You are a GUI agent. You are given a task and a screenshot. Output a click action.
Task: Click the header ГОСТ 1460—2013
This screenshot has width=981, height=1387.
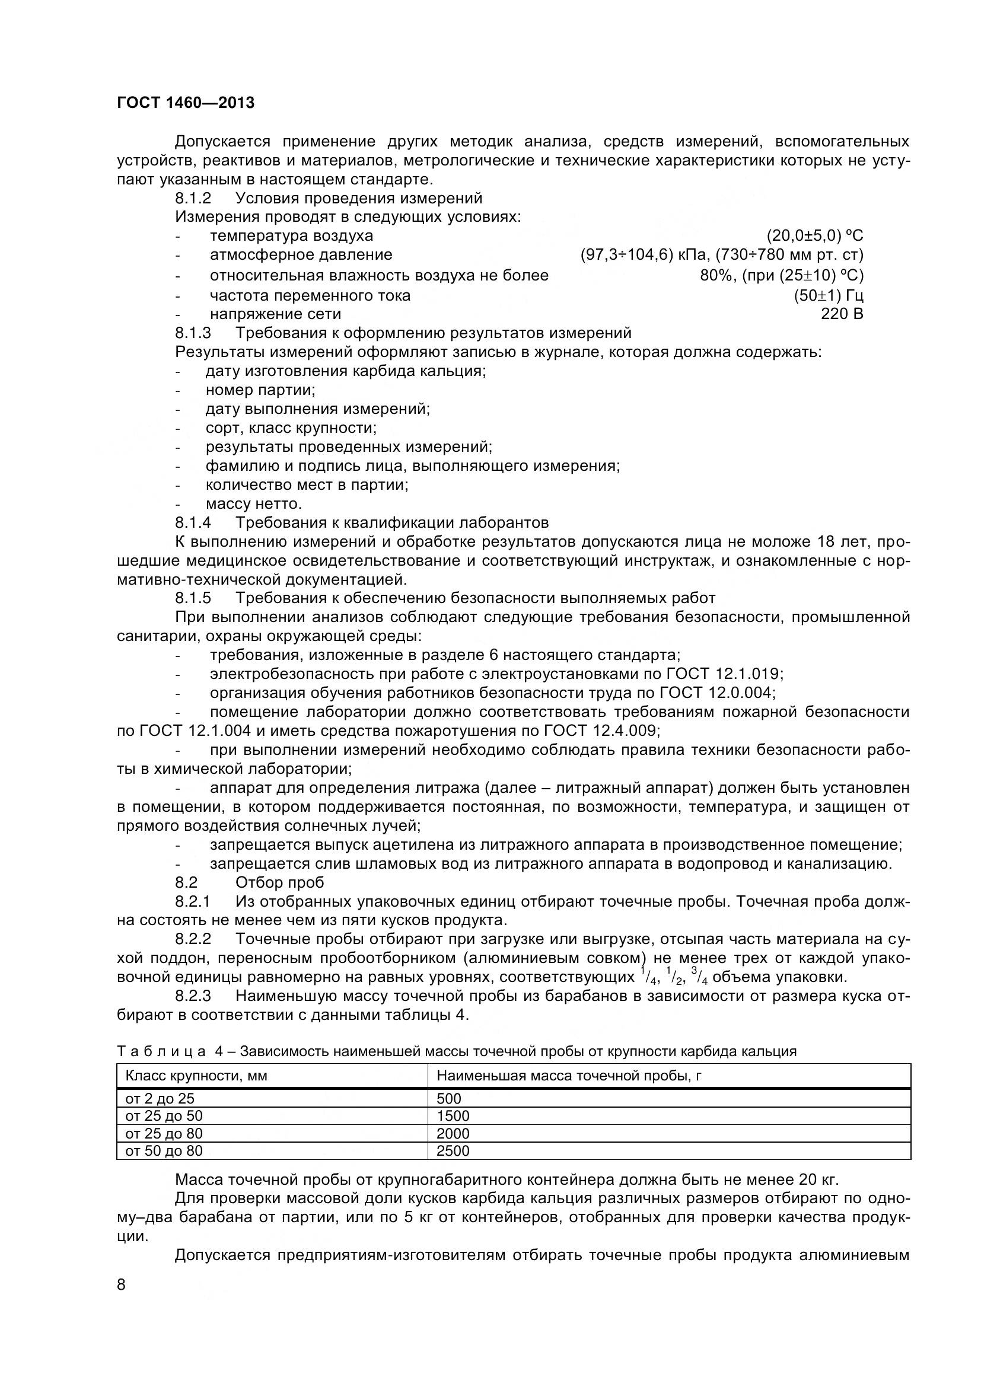[186, 103]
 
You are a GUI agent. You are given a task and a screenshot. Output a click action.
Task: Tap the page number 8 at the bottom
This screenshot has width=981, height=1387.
[122, 1284]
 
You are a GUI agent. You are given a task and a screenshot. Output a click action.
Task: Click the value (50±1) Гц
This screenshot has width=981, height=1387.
[828, 295]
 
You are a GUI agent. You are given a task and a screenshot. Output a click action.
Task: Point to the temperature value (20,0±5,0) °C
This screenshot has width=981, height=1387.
[815, 235]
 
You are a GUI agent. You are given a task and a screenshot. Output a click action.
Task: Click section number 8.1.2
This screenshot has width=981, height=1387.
[193, 198]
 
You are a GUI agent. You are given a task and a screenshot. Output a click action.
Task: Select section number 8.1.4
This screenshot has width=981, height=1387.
[193, 522]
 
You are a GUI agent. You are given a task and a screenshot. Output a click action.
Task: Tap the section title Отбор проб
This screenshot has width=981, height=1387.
[280, 882]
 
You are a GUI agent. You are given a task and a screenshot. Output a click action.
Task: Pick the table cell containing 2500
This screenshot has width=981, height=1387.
[453, 1151]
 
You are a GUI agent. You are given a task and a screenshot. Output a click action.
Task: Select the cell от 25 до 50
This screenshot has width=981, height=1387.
[164, 1116]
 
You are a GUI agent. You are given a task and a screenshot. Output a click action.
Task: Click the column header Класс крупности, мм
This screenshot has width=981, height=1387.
[196, 1076]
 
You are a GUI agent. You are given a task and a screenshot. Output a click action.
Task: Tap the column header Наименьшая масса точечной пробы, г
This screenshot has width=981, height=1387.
[568, 1076]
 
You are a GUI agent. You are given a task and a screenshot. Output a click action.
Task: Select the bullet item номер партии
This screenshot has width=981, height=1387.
[260, 390]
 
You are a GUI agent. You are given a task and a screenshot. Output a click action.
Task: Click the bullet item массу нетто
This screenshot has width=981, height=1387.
[253, 504]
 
